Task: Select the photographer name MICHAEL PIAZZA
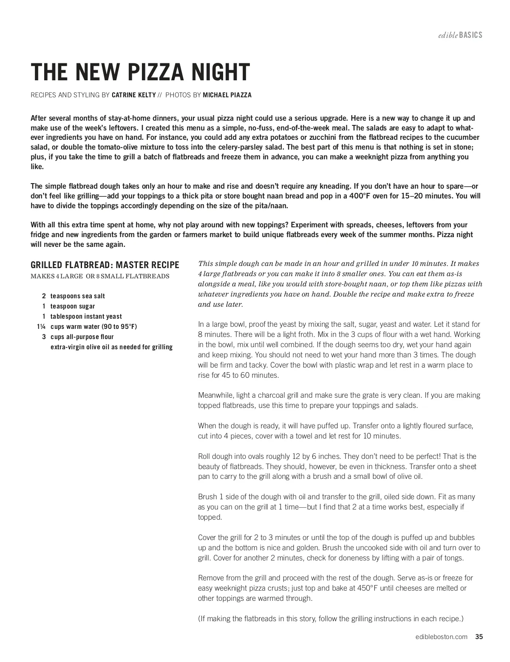227,95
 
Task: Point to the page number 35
479,637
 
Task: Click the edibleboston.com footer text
442,637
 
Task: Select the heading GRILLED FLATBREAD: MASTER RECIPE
105,265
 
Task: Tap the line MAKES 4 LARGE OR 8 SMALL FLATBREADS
100,276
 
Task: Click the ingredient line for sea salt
77,296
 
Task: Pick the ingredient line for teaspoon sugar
73,306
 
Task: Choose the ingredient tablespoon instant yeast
86,317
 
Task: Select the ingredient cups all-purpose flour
82,337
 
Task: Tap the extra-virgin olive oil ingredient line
111,347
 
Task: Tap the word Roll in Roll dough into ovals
204,456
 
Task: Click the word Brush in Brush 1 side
207,497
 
